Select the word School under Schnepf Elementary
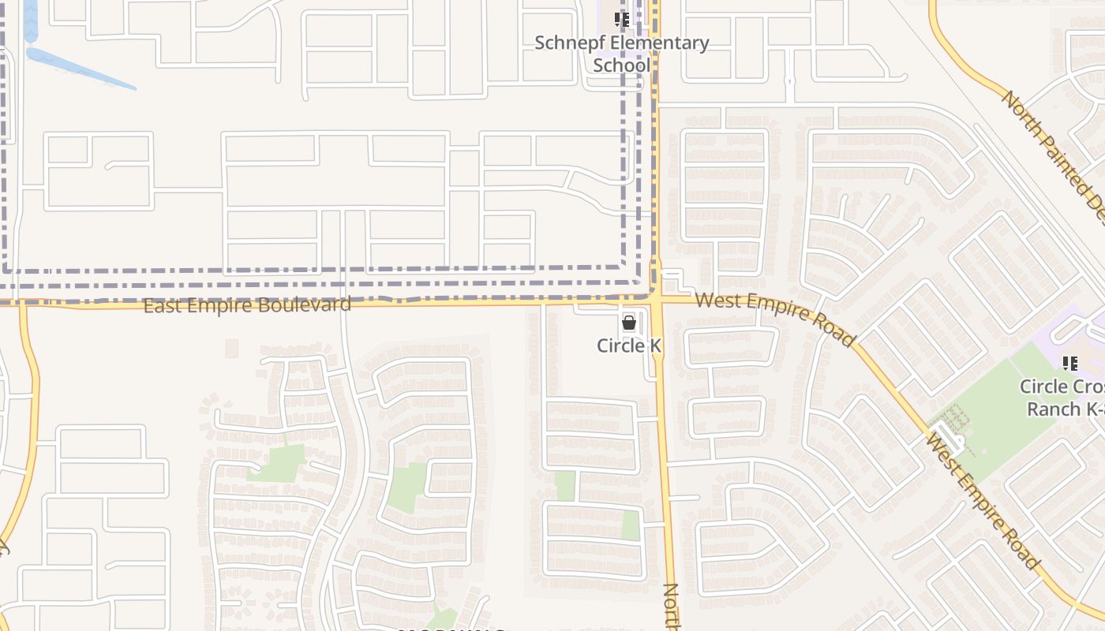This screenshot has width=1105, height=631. point(622,65)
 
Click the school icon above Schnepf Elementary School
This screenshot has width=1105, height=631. point(622,19)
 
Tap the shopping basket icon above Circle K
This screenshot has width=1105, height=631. point(629,322)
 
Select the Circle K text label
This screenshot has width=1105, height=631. point(629,345)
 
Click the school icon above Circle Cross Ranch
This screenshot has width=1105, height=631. point(1070,364)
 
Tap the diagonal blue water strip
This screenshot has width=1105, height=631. point(79,69)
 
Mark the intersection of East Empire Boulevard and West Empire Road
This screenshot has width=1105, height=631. point(656,300)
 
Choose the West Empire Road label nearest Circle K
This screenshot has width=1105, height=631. point(775,317)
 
